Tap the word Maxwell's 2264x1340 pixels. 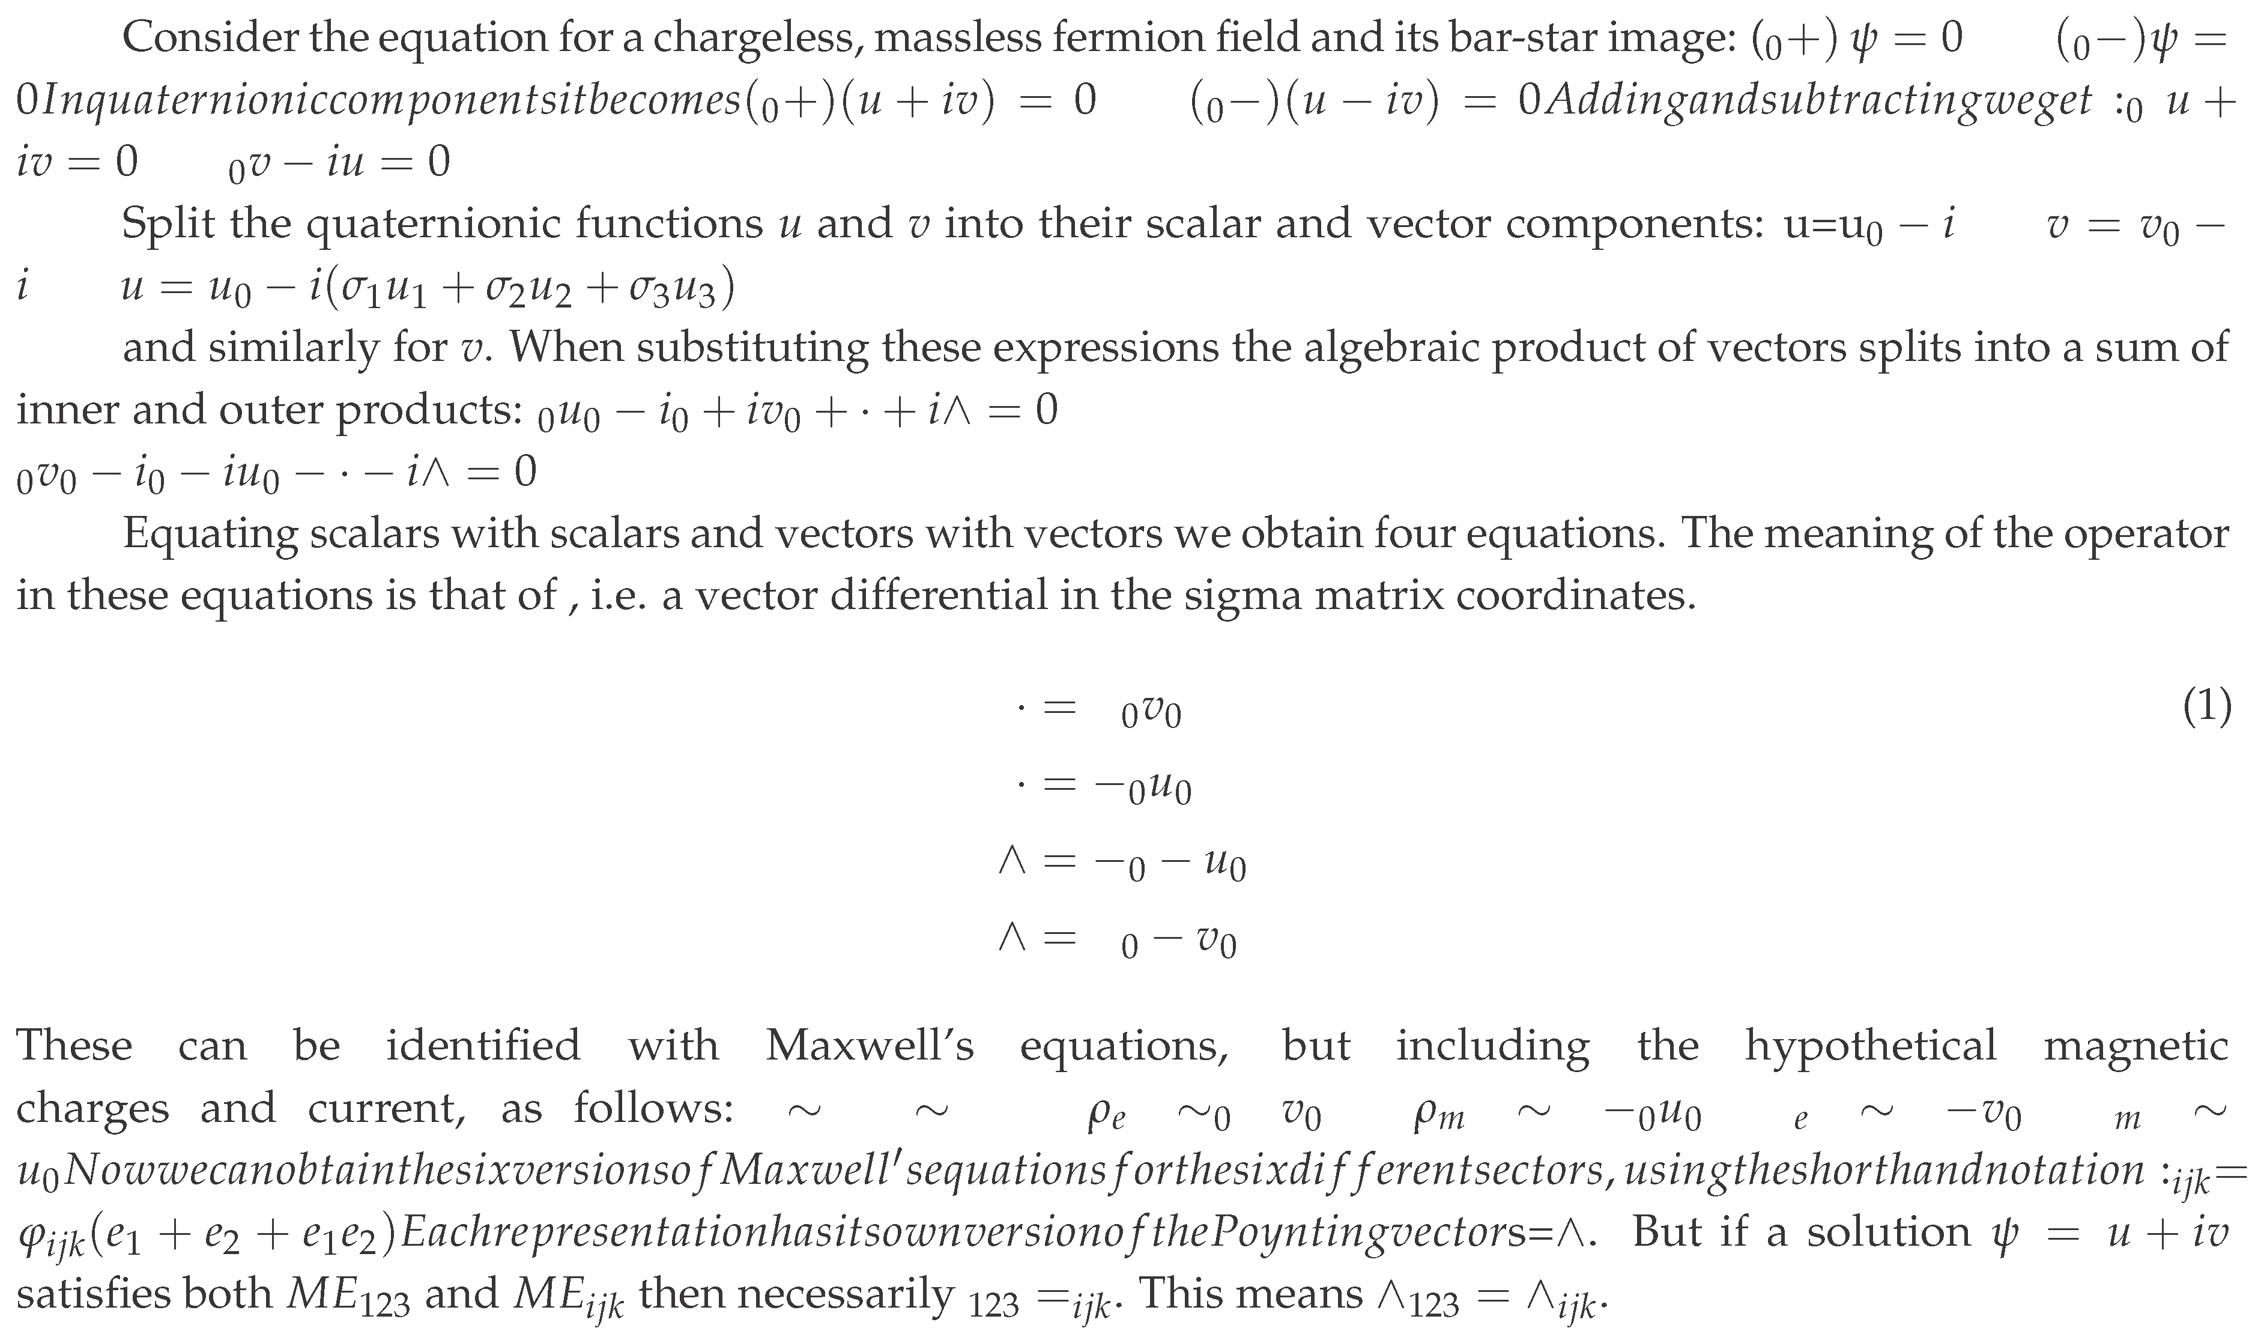pyautogui.click(x=870, y=1046)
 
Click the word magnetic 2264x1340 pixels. pyautogui.click(x=2136, y=1046)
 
